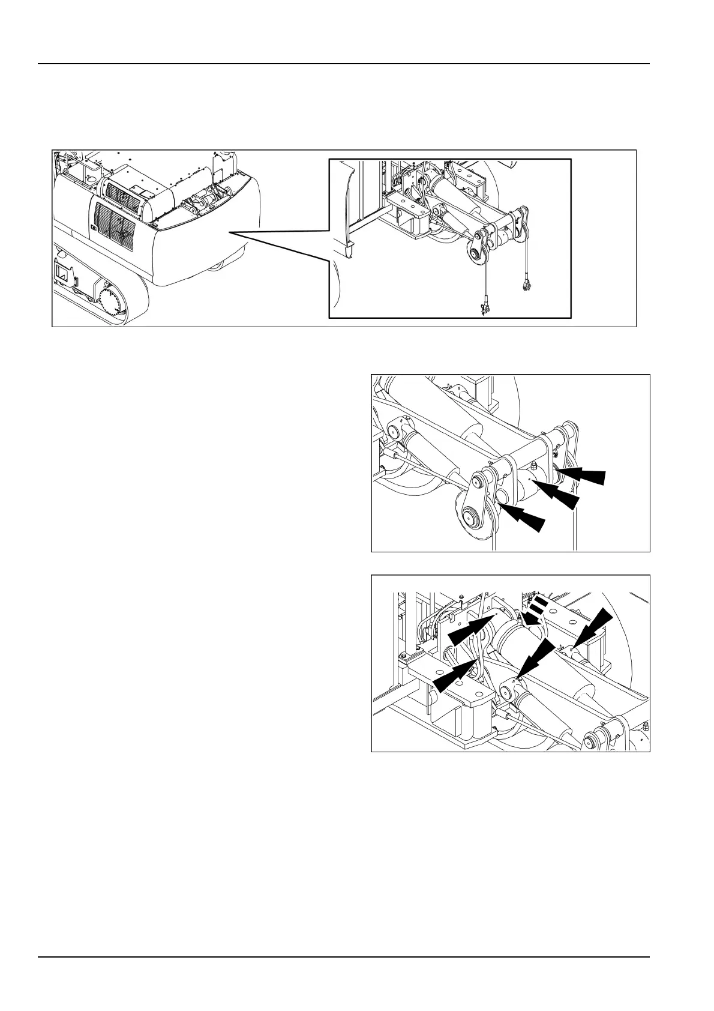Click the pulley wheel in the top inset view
pyautogui.click(x=478, y=256)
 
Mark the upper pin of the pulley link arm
pyautogui.click(x=478, y=481)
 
